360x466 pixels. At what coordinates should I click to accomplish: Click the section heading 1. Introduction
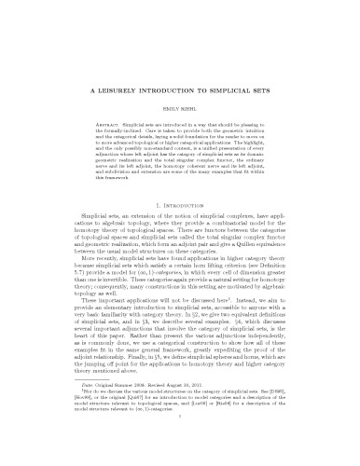pyautogui.click(x=180, y=199)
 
